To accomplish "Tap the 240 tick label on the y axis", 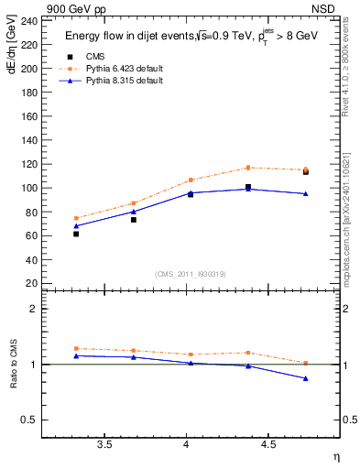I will (x=28, y=21).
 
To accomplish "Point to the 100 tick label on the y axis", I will (x=28, y=188).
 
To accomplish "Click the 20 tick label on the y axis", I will (x=31, y=283).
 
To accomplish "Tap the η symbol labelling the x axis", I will (x=334, y=455).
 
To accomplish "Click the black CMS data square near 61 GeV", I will (x=76, y=234).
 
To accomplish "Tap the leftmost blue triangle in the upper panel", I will (x=76, y=225).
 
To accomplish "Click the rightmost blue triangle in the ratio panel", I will (x=306, y=378).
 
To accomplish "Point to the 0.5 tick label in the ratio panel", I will (x=29, y=420).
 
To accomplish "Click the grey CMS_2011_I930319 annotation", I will (x=191, y=274).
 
